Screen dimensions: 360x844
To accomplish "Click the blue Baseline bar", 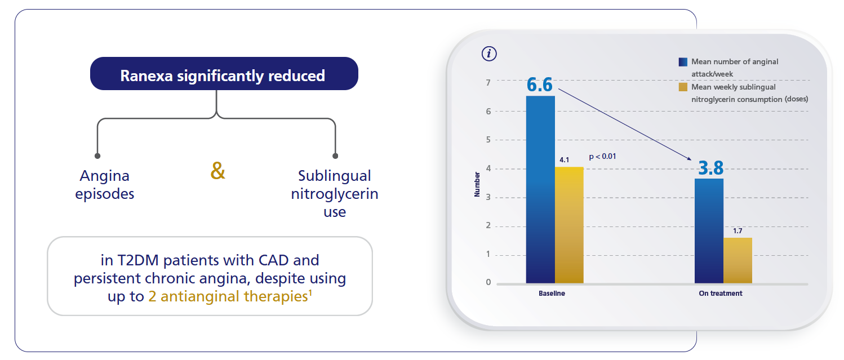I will (x=540, y=189).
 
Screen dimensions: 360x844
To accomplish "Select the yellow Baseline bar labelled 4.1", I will (x=569, y=225).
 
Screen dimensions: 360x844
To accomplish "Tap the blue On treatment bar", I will (x=709, y=230).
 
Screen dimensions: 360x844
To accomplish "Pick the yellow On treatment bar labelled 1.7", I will (x=738, y=260).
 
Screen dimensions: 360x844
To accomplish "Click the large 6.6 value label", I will (x=539, y=85).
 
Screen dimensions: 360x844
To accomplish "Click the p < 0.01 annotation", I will (x=602, y=156).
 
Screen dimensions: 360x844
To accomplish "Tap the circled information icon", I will (x=489, y=54).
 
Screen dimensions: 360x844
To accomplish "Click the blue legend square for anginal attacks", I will (x=683, y=62).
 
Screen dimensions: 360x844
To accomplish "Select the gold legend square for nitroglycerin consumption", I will (x=683, y=87).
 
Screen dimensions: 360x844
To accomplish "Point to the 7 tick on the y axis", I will (x=488, y=83).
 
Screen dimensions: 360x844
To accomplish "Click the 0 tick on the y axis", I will (x=488, y=282).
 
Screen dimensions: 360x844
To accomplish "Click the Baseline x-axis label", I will (x=552, y=294).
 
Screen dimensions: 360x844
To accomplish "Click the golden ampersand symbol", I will (x=217, y=171).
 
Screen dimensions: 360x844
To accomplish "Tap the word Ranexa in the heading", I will (x=146, y=75).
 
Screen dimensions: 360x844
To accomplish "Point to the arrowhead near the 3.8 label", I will (x=690, y=159).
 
